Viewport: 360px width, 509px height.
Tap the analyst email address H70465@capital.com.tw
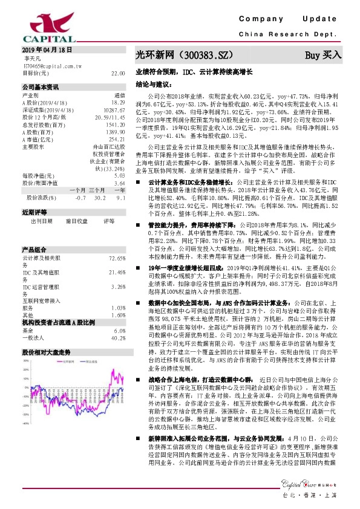[x=48, y=65]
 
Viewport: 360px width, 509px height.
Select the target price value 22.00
[x=118, y=73]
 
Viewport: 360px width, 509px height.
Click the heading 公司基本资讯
[x=41, y=86]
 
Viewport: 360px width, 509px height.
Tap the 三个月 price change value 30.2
[x=102, y=198]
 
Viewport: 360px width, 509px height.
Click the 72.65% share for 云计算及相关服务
[x=116, y=258]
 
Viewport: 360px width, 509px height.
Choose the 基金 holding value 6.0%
[x=119, y=331]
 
